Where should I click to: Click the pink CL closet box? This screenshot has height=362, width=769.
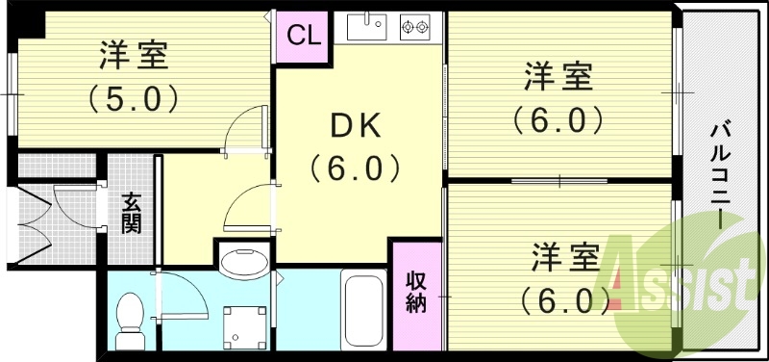point(303,37)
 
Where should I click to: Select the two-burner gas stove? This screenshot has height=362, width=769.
point(415,28)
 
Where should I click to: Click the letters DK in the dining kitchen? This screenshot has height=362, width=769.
point(355,126)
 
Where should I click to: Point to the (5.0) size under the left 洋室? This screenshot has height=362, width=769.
point(134,97)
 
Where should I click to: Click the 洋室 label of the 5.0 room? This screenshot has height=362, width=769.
point(135,56)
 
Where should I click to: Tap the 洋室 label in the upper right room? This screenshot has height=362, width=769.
point(557,76)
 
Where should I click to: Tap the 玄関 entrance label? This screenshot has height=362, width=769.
point(131,213)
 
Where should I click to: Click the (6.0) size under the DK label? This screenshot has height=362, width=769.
point(355,168)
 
